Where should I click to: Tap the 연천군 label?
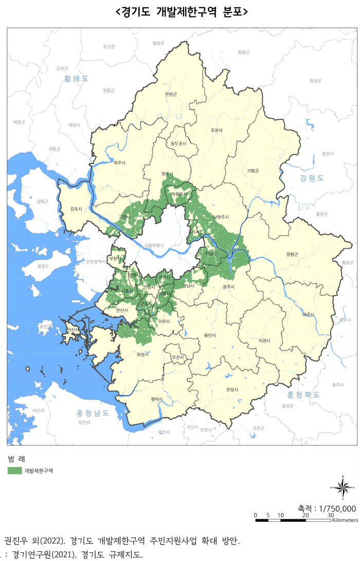170,94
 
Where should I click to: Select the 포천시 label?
217,130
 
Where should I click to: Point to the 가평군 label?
253,170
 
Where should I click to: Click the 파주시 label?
120,163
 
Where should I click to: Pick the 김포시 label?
76,209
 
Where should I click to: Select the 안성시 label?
233,390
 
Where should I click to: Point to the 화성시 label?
143,355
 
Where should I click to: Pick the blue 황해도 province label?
76,79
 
